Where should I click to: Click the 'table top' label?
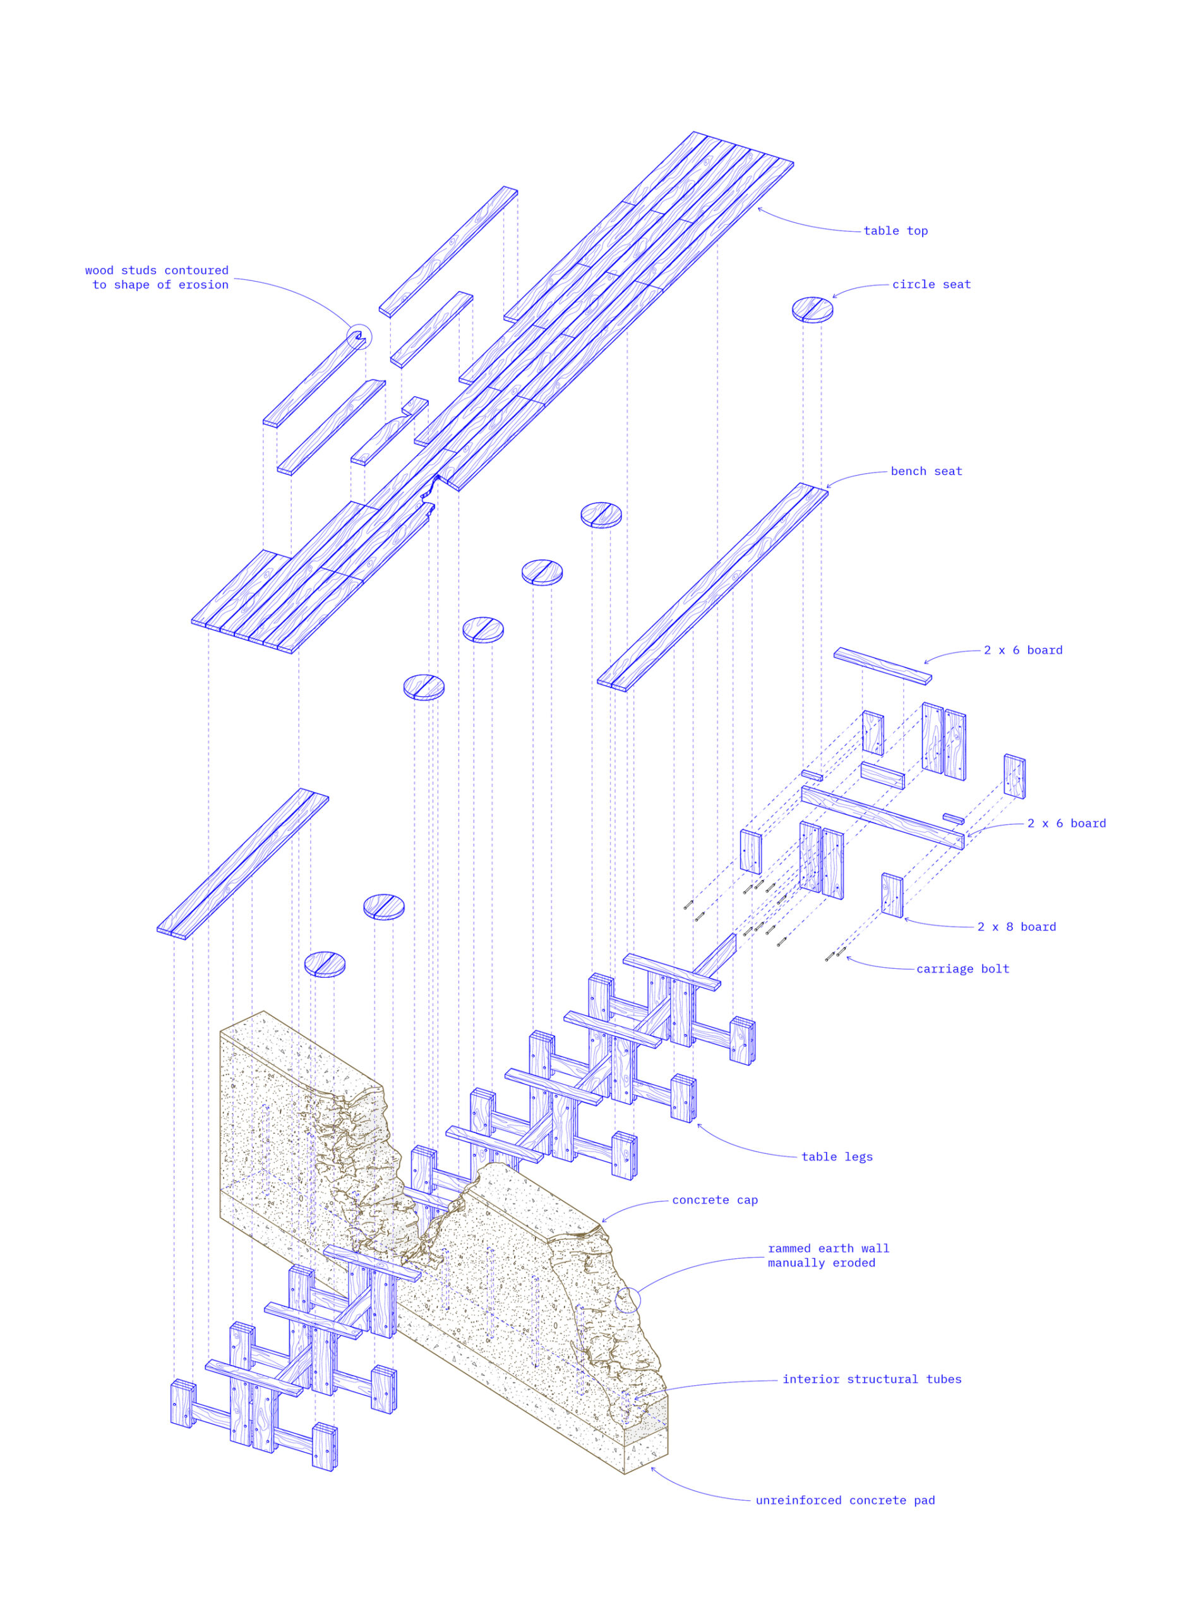tap(895, 231)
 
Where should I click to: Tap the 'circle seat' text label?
tap(931, 284)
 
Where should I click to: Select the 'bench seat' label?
tap(926, 471)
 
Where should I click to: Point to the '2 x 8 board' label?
tap(1017, 927)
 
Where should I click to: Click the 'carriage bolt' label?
tap(962, 970)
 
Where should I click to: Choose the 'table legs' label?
tap(837, 1157)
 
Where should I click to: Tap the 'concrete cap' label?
tap(715, 1200)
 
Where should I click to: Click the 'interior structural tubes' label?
tap(872, 1380)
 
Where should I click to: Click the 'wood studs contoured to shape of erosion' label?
tap(157, 278)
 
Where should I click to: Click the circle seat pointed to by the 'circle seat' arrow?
tap(813, 310)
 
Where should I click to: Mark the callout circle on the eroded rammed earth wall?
tap(628, 1301)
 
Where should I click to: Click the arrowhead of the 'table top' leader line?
tap(759, 208)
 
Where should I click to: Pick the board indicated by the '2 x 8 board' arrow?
tap(892, 896)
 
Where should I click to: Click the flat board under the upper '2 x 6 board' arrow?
tap(882, 666)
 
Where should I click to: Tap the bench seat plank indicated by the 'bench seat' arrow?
tap(712, 587)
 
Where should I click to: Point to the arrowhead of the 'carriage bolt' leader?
tap(847, 956)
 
